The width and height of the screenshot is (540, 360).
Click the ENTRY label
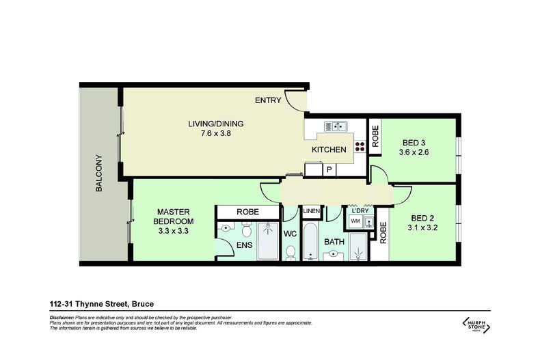(268, 100)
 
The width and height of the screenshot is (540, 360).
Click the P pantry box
(329, 170)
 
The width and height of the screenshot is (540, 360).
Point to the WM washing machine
(355, 222)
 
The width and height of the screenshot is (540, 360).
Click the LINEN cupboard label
(311, 211)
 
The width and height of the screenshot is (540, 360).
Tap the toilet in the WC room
(291, 253)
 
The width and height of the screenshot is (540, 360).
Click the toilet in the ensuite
(224, 230)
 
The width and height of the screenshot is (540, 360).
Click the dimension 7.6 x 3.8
(216, 133)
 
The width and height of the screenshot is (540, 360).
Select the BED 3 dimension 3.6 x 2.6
(416, 152)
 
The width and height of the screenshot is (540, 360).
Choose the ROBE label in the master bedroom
(247, 212)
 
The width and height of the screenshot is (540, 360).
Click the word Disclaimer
(62, 318)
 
